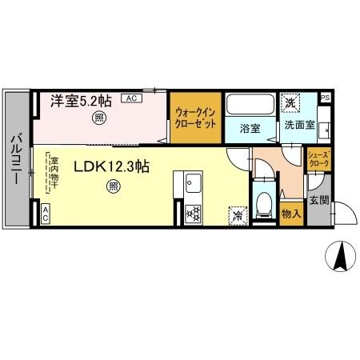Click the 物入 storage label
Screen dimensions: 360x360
(x=290, y=213)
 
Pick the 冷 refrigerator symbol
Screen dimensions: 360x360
(x=238, y=214)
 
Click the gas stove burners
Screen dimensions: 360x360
(x=192, y=213)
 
